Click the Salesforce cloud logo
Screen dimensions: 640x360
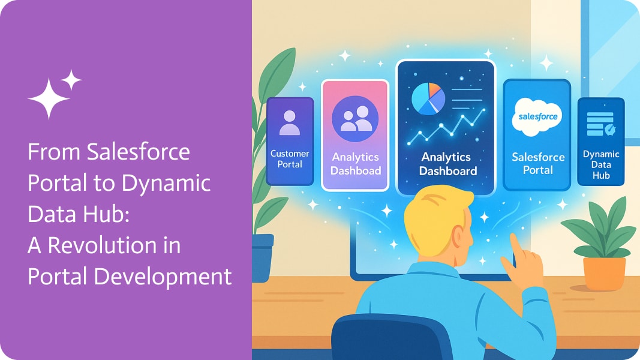537,117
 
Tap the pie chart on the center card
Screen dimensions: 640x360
428,99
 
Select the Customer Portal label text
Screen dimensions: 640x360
290,159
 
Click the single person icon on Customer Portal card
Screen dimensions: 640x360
289,123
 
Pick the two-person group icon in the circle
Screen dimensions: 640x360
356,119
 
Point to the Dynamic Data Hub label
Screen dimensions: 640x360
601,164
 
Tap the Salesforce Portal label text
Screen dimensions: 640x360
538,163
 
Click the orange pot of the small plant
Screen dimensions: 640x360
604,273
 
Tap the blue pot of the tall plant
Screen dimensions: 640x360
262,257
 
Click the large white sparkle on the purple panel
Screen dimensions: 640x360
49,98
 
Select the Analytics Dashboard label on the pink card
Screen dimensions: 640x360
356,164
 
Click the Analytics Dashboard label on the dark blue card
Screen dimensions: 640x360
447,164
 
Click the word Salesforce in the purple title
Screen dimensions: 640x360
139,152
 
